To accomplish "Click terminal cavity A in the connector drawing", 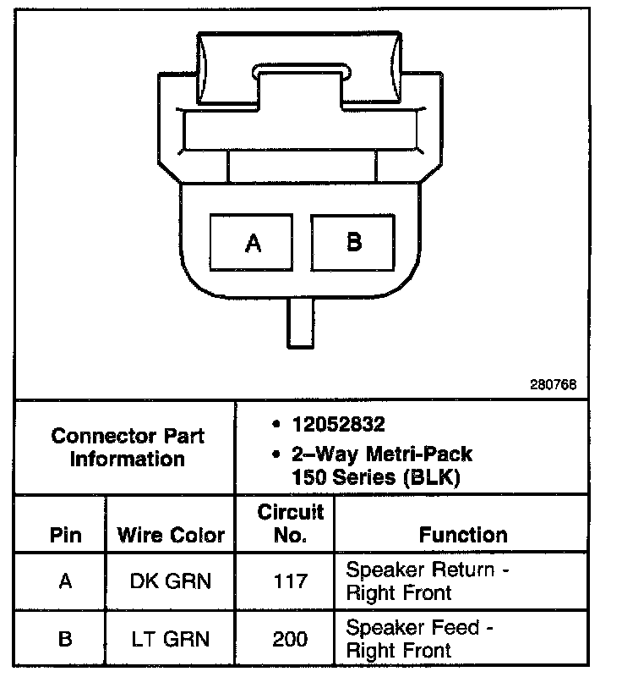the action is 252,243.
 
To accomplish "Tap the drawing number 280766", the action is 554,384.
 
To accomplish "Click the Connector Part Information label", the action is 128,448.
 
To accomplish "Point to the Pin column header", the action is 66,535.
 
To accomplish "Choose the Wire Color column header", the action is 171,535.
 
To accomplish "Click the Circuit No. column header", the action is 290,523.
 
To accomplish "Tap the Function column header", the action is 463,534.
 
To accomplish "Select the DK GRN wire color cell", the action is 171,581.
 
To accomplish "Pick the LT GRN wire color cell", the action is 171,639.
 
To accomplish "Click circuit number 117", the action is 290,581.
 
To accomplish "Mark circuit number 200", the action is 290,639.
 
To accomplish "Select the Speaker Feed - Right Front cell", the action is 419,639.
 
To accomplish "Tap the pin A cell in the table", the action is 65,581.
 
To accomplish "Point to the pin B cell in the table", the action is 65,639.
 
